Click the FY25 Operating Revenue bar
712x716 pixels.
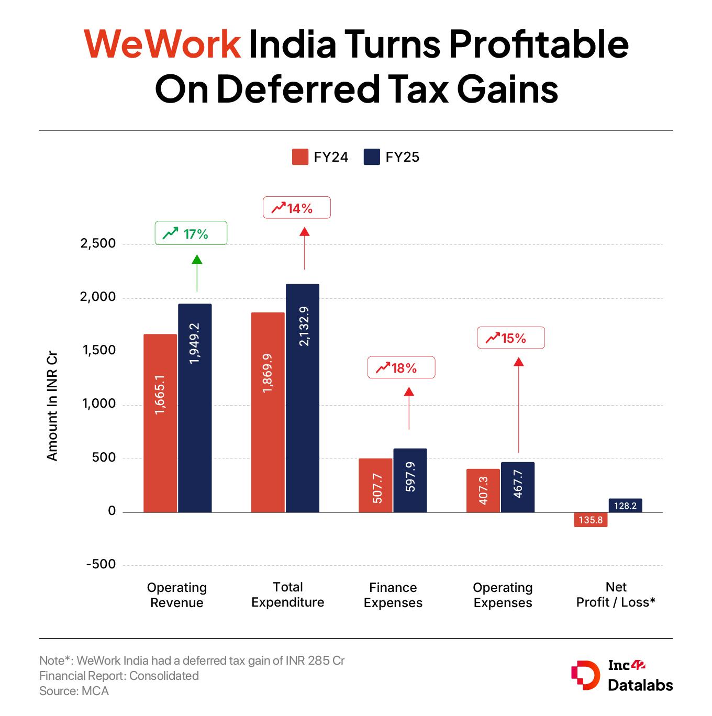195,408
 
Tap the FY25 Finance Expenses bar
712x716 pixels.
410,480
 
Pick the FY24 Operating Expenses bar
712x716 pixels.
483,490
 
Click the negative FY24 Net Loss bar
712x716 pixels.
591,520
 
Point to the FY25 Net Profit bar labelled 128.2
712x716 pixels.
625,506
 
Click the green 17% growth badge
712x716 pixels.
191,233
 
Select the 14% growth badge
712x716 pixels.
296,208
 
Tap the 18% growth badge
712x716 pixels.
401,368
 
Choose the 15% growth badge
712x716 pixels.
510,338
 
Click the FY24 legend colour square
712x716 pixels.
300,157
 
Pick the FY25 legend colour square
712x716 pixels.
371,157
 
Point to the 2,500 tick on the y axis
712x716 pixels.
98,244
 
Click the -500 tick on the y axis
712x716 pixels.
101,565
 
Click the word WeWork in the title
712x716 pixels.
162,44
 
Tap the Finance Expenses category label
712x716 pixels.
393,595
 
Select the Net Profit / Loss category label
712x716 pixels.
616,595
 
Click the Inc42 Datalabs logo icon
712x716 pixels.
584,676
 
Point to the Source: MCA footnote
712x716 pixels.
74,691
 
